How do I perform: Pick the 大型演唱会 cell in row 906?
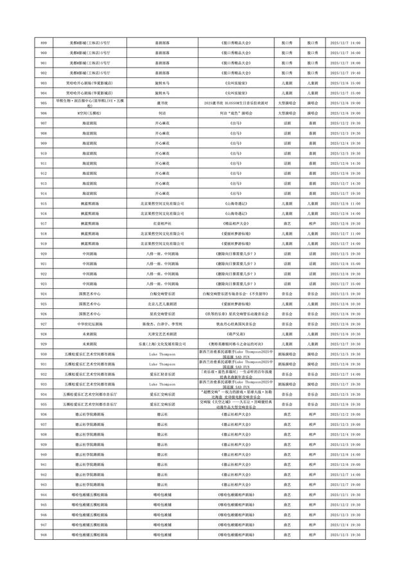pyautogui.click(x=286, y=113)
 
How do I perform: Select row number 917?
pyautogui.click(x=43, y=223)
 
